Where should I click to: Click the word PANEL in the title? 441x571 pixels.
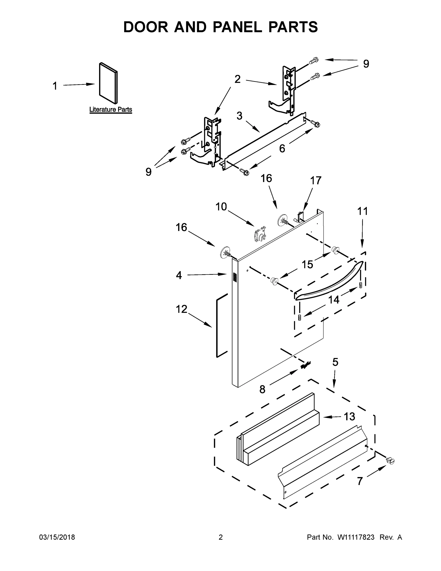tap(237, 27)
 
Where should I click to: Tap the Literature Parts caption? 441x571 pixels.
tap(111, 109)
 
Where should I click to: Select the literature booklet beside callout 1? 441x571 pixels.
tap(108, 83)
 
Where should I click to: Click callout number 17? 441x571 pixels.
tap(316, 181)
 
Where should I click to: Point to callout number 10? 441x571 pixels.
tap(221, 207)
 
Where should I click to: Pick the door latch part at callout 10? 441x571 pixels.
tap(259, 233)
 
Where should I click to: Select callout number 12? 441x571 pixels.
tap(182, 309)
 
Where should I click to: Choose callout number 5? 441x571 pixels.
tap(335, 362)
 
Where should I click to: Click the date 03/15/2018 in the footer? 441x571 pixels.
tap(57, 537)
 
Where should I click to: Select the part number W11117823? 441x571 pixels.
tap(356, 537)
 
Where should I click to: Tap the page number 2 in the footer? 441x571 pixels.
tap(221, 537)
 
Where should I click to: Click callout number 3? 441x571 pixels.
tap(239, 116)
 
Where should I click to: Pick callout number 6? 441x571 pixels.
tap(282, 149)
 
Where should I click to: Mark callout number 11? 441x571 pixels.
tap(362, 211)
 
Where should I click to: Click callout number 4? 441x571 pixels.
tap(179, 275)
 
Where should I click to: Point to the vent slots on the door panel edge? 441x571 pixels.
tap(235, 277)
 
